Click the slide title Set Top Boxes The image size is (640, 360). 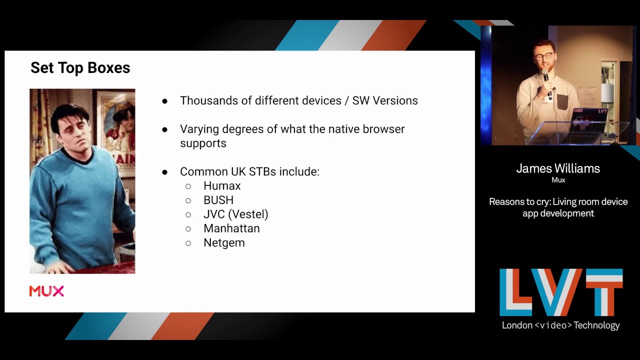point(80,68)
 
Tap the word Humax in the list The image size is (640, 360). point(222,186)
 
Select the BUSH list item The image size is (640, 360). point(218,200)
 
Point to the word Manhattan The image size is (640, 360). point(231,228)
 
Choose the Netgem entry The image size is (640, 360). point(224,243)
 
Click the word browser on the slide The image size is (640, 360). point(381,129)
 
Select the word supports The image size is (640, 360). point(203,143)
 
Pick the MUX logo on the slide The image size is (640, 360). point(46,291)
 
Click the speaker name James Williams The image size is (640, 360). point(558,168)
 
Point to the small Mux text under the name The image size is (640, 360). point(558,180)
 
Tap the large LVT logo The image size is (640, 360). point(561,292)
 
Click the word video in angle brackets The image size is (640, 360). point(553,325)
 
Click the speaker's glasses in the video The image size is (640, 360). point(543,56)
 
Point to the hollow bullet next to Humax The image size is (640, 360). point(188,186)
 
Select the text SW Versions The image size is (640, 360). point(385,100)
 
